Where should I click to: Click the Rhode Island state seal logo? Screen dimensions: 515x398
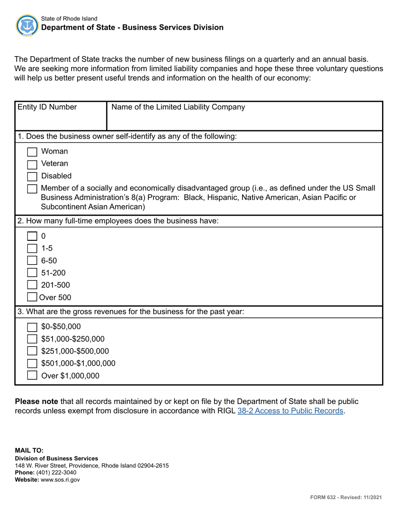point(27,25)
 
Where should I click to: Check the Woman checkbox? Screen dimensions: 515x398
point(32,152)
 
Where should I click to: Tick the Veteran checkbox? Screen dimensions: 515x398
point(32,164)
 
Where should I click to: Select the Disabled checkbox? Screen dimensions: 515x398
point(32,177)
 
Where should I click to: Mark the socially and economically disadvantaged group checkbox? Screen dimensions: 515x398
point(32,189)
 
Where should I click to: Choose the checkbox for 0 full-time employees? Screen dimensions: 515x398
point(32,236)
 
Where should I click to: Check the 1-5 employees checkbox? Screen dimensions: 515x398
point(32,248)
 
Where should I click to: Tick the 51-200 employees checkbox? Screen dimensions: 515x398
point(32,273)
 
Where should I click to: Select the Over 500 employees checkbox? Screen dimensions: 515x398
point(32,298)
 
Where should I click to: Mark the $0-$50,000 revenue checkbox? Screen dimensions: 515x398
point(32,327)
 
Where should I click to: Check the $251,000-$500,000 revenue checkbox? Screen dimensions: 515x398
point(32,351)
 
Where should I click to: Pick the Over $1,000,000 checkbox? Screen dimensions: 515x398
point(32,376)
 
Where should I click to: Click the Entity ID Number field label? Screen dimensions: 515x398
point(47,107)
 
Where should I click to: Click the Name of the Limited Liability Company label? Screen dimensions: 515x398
point(178,107)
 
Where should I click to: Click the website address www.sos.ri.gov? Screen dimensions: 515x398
point(60,479)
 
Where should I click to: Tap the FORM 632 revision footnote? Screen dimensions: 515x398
point(346,497)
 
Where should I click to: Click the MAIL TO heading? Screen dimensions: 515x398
point(29,451)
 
